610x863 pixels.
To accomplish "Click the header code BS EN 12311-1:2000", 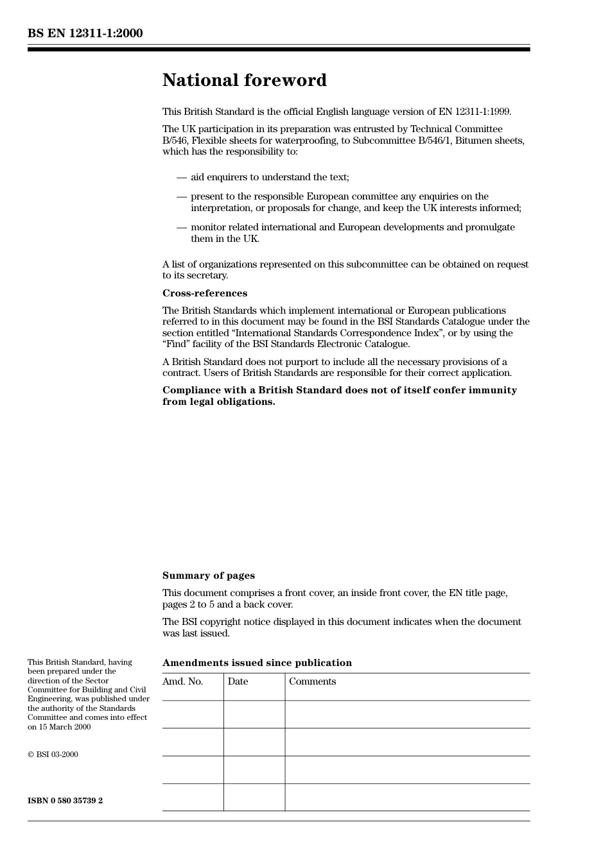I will [85, 33].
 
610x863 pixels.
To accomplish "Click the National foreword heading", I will [244, 80].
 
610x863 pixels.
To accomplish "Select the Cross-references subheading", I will [204, 293].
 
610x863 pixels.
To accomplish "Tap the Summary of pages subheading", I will [208, 576].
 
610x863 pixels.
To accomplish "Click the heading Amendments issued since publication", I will [257, 663].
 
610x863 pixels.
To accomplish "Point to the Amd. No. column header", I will [182, 681].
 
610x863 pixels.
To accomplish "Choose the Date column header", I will [238, 681].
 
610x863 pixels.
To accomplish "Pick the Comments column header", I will [312, 681].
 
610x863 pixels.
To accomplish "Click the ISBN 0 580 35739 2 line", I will [65, 801].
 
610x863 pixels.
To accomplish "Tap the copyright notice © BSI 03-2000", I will [53, 755].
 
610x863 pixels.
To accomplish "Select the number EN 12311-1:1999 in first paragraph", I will [475, 112].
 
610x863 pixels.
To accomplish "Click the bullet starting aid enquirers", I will [270, 177].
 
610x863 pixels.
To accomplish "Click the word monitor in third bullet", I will [208, 227].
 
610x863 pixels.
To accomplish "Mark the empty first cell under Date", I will [254, 714].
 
